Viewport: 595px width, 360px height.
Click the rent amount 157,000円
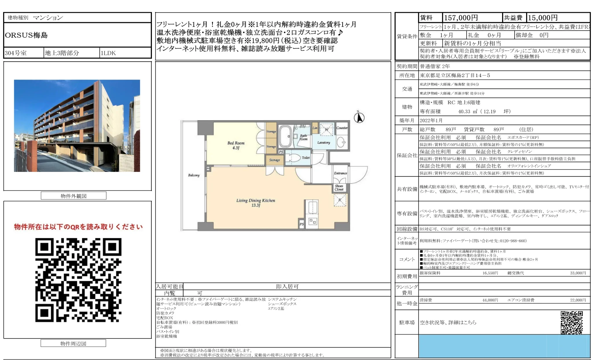point(461,18)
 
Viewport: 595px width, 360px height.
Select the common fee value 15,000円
point(542,18)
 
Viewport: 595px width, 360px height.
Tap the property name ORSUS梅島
point(26,35)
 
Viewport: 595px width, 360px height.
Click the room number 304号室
point(16,53)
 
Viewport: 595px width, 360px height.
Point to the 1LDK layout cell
point(108,53)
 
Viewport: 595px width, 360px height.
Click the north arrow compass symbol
point(359,117)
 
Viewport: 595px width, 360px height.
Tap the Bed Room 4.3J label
point(236,145)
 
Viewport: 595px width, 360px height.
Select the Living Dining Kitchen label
point(256,203)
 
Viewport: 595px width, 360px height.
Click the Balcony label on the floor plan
point(194,175)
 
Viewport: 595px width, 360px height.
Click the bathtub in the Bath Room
point(285,136)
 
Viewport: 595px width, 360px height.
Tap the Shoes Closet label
point(339,188)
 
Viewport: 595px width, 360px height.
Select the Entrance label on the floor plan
point(340,173)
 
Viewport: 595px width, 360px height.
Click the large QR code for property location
point(78,280)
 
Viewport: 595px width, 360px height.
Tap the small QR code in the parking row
point(571,322)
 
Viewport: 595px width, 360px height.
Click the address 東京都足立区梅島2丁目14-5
point(455,75)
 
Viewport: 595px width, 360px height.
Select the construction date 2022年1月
point(431,120)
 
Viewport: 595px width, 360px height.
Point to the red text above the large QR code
point(78,227)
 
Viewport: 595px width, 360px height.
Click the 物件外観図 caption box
point(74,196)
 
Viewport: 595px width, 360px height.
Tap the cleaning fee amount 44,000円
point(490,300)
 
